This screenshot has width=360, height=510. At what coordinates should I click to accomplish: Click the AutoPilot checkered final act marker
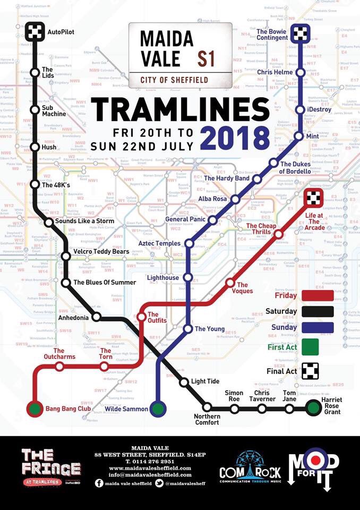coord(36,32)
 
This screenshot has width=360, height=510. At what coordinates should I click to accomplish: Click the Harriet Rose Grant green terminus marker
coord(313,408)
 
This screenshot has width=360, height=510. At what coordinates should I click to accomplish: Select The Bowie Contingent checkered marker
coord(301,32)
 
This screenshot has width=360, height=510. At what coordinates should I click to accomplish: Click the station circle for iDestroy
coord(301,109)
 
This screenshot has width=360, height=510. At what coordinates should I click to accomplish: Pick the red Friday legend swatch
coord(317,295)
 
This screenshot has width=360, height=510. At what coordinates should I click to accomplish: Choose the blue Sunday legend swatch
coord(317,328)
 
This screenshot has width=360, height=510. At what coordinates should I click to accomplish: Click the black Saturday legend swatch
coord(317,312)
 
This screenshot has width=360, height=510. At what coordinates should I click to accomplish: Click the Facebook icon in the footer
coord(99,483)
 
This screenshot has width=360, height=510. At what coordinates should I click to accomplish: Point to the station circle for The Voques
coord(230,284)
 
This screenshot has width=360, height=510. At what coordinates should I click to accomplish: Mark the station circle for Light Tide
coord(184,382)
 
